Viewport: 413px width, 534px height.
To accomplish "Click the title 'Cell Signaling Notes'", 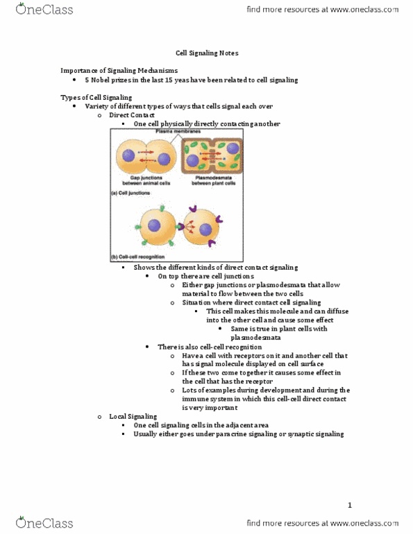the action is (x=206, y=53).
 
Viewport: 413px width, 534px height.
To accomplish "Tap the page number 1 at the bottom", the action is (x=350, y=506).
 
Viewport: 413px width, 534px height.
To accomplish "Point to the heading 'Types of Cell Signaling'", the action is (x=96, y=97).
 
